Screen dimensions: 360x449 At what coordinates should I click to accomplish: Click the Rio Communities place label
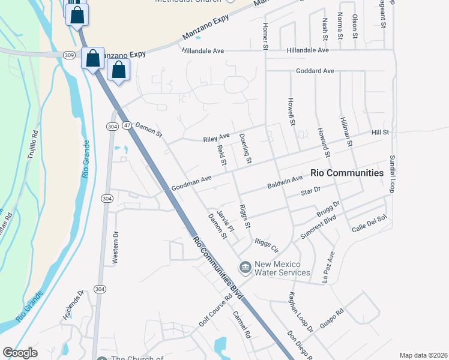[347, 173]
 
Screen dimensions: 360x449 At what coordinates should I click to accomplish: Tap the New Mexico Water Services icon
[245, 266]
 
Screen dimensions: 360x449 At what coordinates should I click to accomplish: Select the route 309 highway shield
[70, 55]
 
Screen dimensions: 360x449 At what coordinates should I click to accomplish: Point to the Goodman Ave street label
[191, 179]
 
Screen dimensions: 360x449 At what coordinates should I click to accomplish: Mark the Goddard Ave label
[315, 71]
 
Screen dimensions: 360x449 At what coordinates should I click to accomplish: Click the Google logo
[20, 353]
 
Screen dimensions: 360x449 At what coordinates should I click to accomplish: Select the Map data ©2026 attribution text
[424, 355]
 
